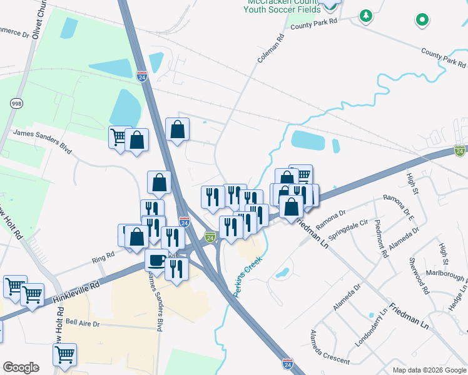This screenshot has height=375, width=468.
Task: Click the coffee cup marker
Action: (156, 260)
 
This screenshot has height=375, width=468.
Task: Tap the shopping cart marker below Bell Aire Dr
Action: (64, 355)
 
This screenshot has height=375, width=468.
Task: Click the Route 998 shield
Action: (16, 102)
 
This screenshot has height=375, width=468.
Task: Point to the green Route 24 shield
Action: (210, 237)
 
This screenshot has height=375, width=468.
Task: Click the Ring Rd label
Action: (104, 256)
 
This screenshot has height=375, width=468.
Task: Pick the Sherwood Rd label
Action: (419, 275)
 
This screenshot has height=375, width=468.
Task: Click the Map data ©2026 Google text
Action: (429, 370)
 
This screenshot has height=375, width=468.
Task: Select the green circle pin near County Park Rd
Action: (422, 20)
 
